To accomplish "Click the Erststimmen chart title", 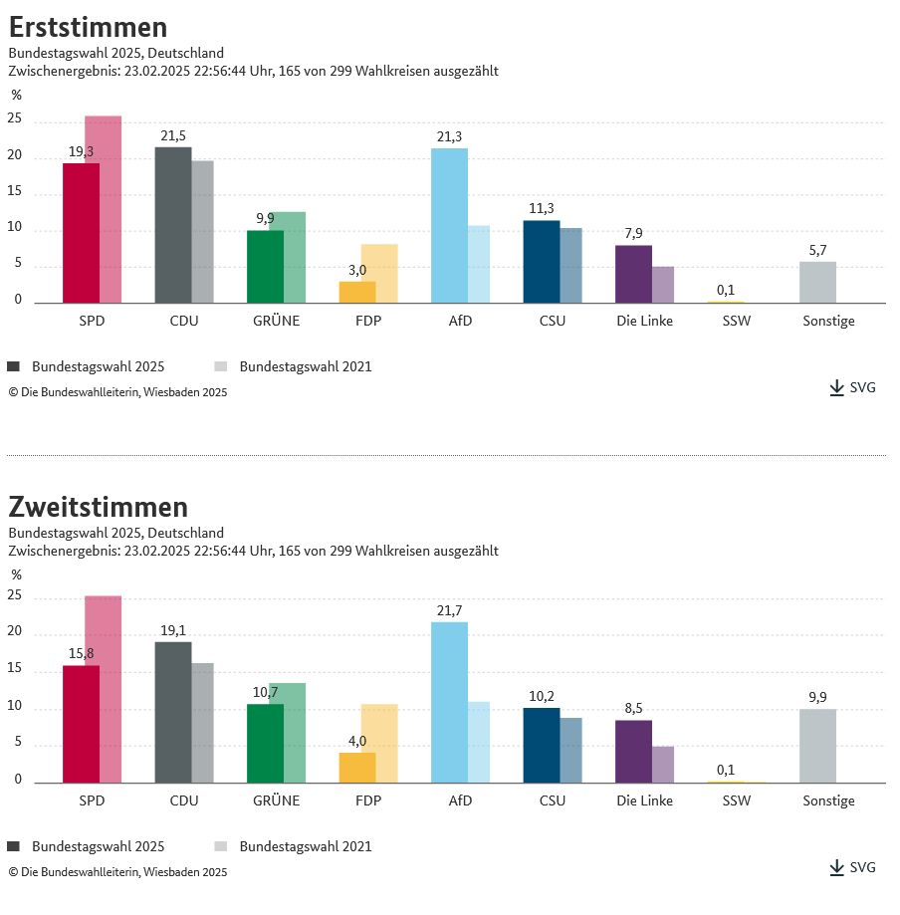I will pyautogui.click(x=88, y=27).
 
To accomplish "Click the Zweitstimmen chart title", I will pyautogui.click(x=98, y=507).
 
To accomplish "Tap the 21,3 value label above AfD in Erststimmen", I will pyautogui.click(x=449, y=137).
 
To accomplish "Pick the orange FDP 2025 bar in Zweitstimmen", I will pyautogui.click(x=357, y=768).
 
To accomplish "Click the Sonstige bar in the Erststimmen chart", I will pyautogui.click(x=817, y=283).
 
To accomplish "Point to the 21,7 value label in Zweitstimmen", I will pyautogui.click(x=449, y=610).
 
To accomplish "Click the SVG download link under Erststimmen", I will pyautogui.click(x=853, y=387).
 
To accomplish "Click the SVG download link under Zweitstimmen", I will pyautogui.click(x=853, y=867).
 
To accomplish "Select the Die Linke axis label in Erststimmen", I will pyautogui.click(x=644, y=321).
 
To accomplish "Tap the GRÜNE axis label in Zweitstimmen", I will pyautogui.click(x=276, y=801).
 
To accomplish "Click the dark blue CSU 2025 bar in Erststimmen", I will pyautogui.click(x=542, y=262).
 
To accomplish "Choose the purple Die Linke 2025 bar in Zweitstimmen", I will pyautogui.click(x=633, y=752).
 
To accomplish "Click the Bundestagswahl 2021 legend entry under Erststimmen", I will pyautogui.click(x=293, y=366).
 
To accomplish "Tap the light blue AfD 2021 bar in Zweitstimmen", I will pyautogui.click(x=479, y=742).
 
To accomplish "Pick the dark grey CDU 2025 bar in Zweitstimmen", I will pyautogui.click(x=173, y=712).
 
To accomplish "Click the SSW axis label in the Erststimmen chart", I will pyautogui.click(x=737, y=321).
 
